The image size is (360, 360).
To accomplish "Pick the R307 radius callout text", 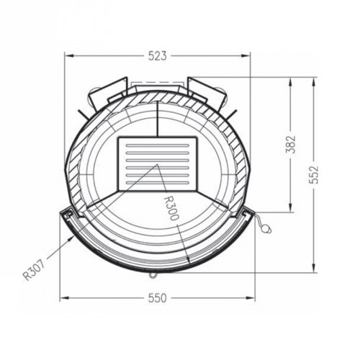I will tap(32, 267).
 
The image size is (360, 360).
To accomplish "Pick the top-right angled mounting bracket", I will tap(207, 91).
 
